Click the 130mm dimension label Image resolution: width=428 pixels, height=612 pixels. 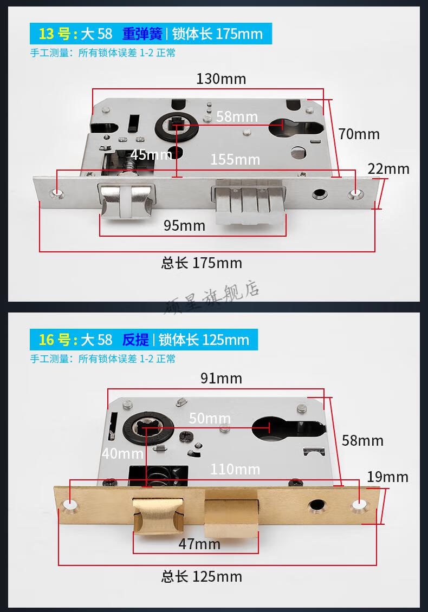[221, 79]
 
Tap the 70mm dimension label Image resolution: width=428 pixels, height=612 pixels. [359, 134]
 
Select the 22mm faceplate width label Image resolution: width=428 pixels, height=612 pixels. [388, 169]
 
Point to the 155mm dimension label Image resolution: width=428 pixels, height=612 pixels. [235, 160]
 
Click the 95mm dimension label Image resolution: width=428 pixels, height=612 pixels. [184, 225]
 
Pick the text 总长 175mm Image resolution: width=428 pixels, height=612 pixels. [202, 264]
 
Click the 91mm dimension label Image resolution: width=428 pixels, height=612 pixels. [221, 378]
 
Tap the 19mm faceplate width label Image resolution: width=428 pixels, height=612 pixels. [387, 477]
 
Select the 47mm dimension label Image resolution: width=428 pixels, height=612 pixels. [199, 544]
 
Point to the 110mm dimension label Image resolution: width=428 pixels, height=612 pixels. [235, 469]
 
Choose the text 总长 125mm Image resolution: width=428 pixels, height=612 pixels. [202, 576]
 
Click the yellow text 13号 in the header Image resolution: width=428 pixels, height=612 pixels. [54, 34]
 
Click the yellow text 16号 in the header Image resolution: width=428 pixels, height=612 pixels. [54, 340]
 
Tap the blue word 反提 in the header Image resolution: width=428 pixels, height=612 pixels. [135, 340]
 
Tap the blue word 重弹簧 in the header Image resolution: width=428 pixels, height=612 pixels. [142, 34]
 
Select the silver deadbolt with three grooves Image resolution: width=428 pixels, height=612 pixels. [249, 203]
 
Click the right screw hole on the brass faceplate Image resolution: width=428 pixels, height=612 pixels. [359, 506]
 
